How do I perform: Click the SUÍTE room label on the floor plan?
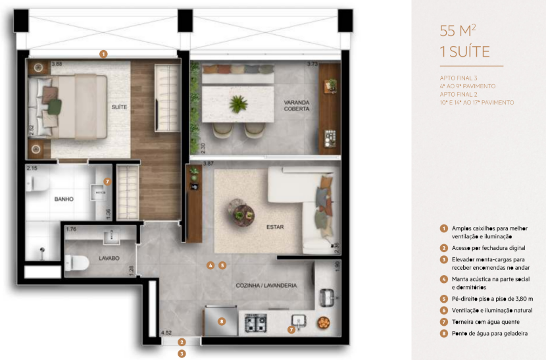[x=119, y=107]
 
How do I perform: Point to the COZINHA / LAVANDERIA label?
[x=266, y=286]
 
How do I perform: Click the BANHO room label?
[x=64, y=198]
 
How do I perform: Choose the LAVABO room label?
[x=109, y=259]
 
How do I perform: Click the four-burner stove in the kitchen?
[x=255, y=322]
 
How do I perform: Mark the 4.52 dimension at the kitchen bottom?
[x=168, y=334]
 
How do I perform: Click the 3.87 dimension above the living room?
[x=209, y=163]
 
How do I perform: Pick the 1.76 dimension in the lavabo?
[x=72, y=229]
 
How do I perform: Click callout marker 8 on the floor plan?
[x=222, y=322]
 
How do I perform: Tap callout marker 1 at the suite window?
[x=103, y=54]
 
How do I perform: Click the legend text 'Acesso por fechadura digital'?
[x=487, y=249]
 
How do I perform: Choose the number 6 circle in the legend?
[x=443, y=310]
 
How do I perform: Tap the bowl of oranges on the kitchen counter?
[x=322, y=322]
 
